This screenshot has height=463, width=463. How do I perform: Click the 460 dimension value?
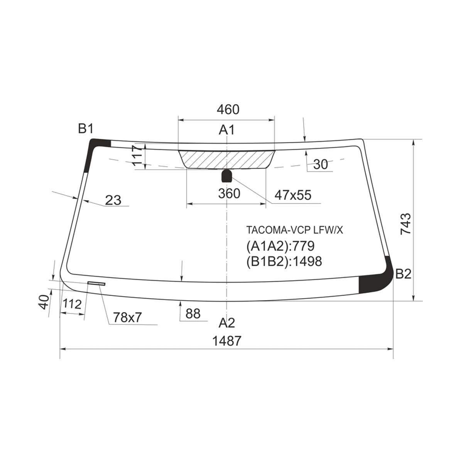228,110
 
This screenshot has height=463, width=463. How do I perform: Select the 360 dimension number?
229,193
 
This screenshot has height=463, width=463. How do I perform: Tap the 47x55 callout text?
293,195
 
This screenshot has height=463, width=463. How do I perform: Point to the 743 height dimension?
406,224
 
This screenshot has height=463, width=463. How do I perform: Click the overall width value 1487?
227,341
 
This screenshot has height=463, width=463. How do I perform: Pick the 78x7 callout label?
128,318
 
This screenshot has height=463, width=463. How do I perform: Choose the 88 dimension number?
193,314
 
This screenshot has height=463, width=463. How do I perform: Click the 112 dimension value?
72,304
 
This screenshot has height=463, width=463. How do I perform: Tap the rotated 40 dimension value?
44,302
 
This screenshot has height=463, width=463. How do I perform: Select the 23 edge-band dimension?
113,200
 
